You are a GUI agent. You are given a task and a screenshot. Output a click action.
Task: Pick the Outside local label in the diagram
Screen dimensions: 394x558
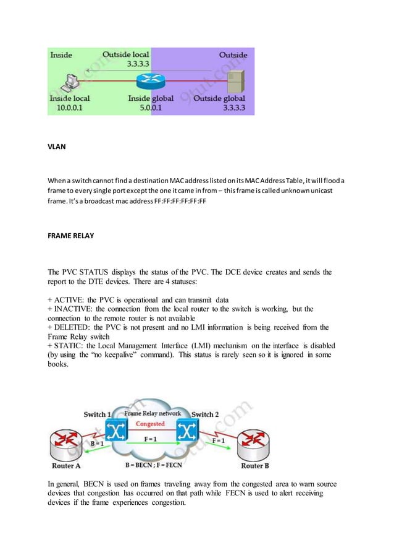point(127,55)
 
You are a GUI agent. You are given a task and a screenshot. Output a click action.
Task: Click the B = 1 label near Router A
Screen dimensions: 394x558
point(96,444)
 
